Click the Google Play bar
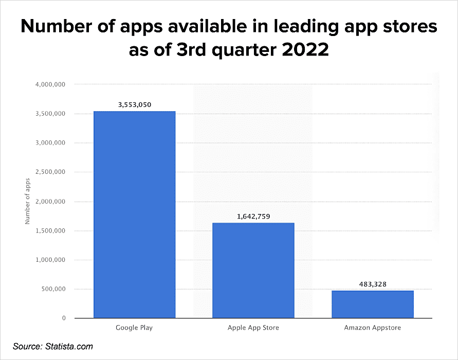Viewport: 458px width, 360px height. [134, 214]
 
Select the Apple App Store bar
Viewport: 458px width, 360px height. [253, 270]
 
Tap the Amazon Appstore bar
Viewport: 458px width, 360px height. [372, 304]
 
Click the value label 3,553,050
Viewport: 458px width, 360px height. [134, 105]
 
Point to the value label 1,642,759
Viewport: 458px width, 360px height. [253, 217]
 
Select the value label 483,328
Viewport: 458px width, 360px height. [373, 284]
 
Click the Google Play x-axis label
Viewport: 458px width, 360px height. [134, 327]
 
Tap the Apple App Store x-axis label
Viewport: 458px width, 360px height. [253, 327]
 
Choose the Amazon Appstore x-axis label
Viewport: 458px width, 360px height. [373, 327]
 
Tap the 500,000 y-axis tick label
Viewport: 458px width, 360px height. [54, 289]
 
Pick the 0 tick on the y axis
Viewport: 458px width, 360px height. [64, 318]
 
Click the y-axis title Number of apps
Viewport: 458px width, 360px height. [28, 201]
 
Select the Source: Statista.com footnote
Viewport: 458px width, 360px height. [53, 347]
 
